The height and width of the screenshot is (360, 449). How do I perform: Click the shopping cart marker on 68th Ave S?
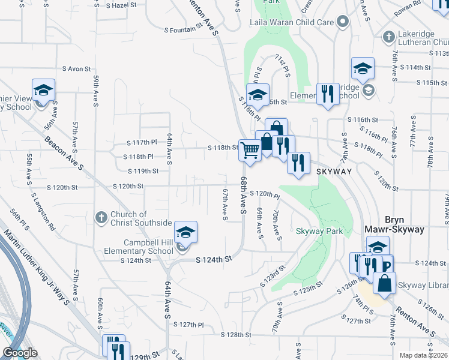click(250, 149)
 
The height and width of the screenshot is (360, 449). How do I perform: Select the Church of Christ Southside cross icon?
click(101, 217)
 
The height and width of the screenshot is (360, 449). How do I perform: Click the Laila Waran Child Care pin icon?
click(343, 22)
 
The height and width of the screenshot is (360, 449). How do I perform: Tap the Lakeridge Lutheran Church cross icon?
click(389, 37)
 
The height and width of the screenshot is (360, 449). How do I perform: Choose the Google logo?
click(19, 353)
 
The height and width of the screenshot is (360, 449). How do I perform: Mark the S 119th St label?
click(142, 171)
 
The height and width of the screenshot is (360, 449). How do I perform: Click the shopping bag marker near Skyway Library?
click(385, 283)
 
